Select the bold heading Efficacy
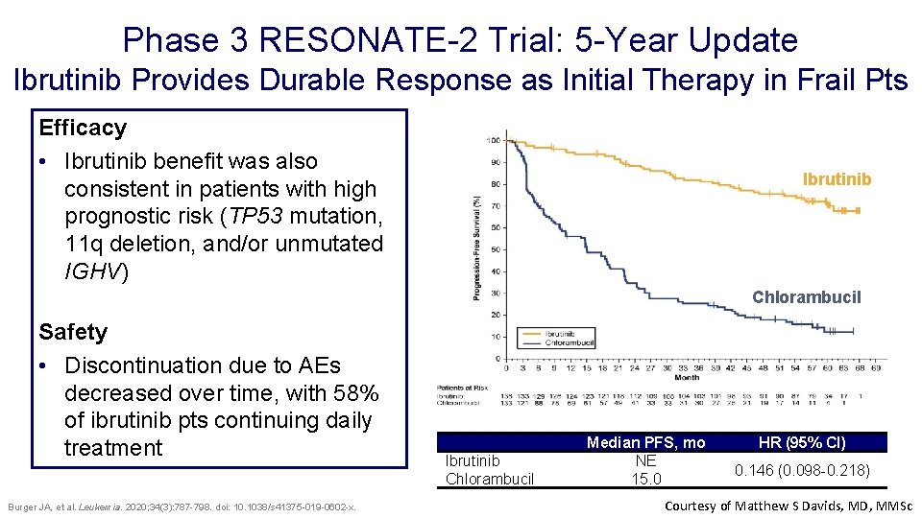tap(83, 128)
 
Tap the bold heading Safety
tap(73, 332)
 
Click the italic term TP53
tap(247, 216)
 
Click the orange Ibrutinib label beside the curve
tap(837, 179)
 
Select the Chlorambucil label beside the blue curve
tap(806, 297)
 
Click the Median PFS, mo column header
tap(645, 442)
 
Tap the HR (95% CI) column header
tap(802, 442)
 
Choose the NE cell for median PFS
tap(645, 460)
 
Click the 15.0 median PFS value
tap(645, 479)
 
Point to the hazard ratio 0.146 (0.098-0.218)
tap(802, 470)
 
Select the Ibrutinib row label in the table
tap(473, 460)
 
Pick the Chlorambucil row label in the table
tap(490, 479)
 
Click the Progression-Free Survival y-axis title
tap(476, 247)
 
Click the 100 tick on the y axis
tap(493, 141)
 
